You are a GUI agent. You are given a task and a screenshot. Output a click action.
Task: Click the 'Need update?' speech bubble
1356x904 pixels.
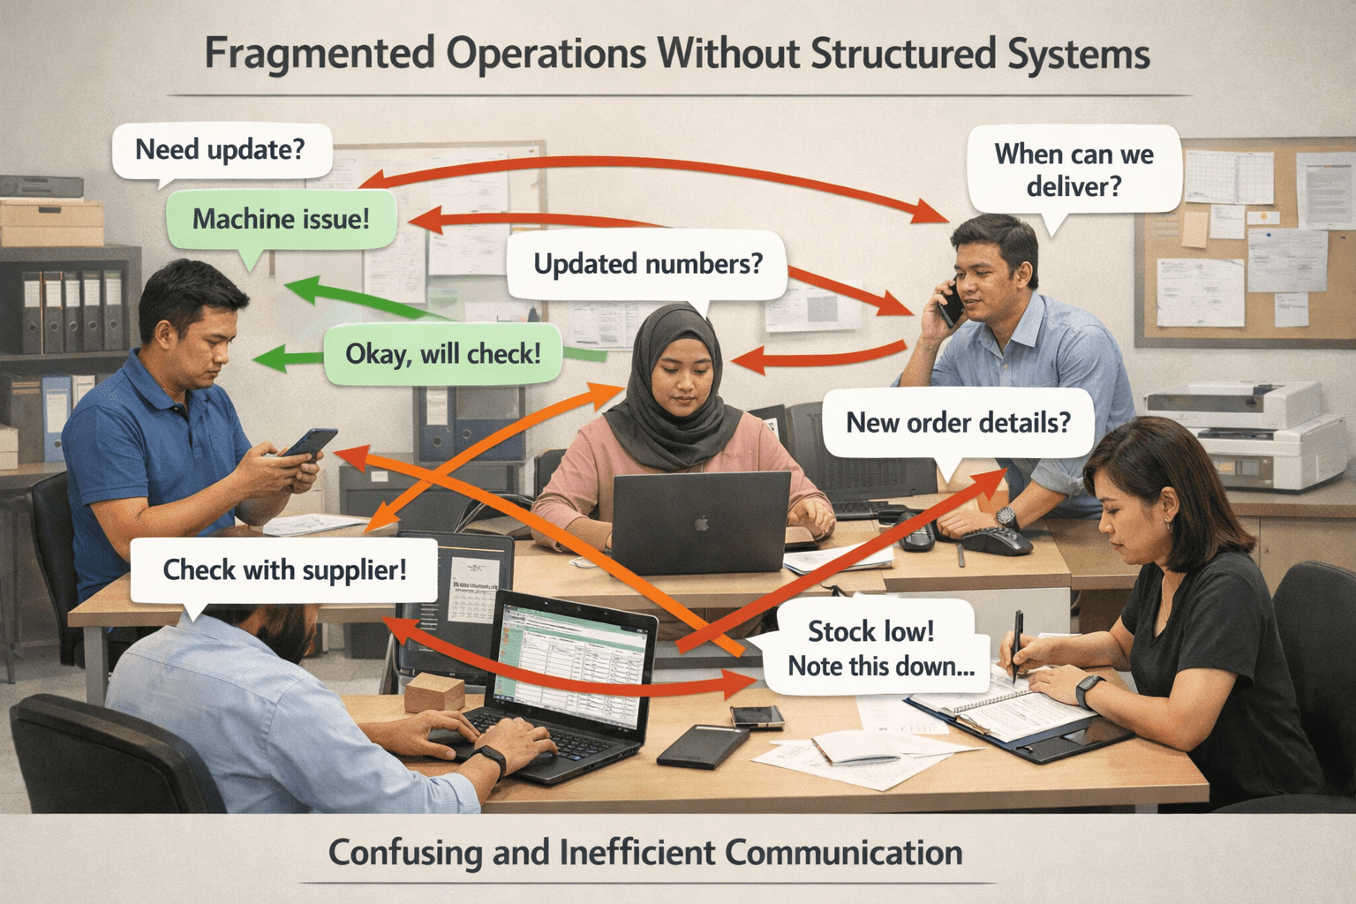pyautogui.click(x=221, y=150)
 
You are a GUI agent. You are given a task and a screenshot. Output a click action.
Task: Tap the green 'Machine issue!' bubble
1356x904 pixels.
pyautogui.click(x=281, y=218)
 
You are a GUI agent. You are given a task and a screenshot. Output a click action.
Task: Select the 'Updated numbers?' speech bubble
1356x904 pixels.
pyautogui.click(x=647, y=264)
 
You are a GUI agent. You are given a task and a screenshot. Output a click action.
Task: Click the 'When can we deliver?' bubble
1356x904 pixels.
pyautogui.click(x=1073, y=169)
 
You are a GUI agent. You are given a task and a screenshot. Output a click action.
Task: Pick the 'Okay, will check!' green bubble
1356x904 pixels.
pyautogui.click(x=442, y=354)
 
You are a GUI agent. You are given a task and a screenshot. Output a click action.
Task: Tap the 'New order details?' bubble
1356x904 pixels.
pyautogui.click(x=958, y=423)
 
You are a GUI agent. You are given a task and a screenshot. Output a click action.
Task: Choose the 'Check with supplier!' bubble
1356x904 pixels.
pyautogui.click(x=284, y=570)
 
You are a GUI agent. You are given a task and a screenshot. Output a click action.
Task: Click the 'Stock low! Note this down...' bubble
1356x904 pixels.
pyautogui.click(x=871, y=649)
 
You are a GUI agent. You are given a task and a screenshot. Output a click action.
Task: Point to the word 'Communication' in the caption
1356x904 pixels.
pyautogui.click(x=844, y=854)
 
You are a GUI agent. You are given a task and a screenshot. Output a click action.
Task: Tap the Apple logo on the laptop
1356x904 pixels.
pyautogui.click(x=701, y=524)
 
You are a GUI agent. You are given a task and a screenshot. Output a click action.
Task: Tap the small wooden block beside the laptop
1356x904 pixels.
pyautogui.click(x=434, y=692)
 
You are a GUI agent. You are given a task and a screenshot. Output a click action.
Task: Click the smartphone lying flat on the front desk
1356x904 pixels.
pyautogui.click(x=757, y=716)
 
